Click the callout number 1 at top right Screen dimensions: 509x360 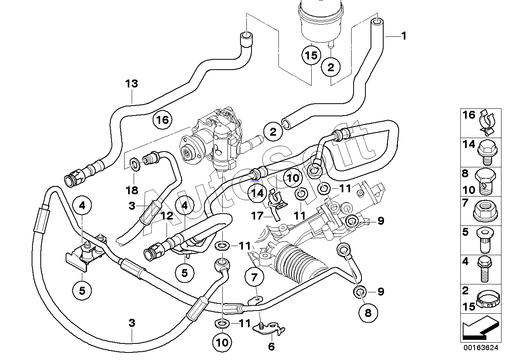[x=403, y=36]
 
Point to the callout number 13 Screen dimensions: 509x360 [x=132, y=83]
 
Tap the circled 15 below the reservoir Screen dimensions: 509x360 [x=311, y=55]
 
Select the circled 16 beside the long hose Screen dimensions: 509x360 [x=163, y=120]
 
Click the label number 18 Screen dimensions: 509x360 [x=132, y=190]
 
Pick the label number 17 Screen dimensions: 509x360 [x=257, y=216]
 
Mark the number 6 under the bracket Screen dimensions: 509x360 [x=272, y=347]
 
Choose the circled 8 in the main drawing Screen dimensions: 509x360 [x=368, y=313]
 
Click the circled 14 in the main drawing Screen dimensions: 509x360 [x=257, y=193]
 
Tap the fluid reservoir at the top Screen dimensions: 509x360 [x=321, y=22]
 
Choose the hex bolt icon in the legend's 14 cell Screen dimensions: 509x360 [x=487, y=152]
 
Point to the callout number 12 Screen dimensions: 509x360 [x=167, y=216]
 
